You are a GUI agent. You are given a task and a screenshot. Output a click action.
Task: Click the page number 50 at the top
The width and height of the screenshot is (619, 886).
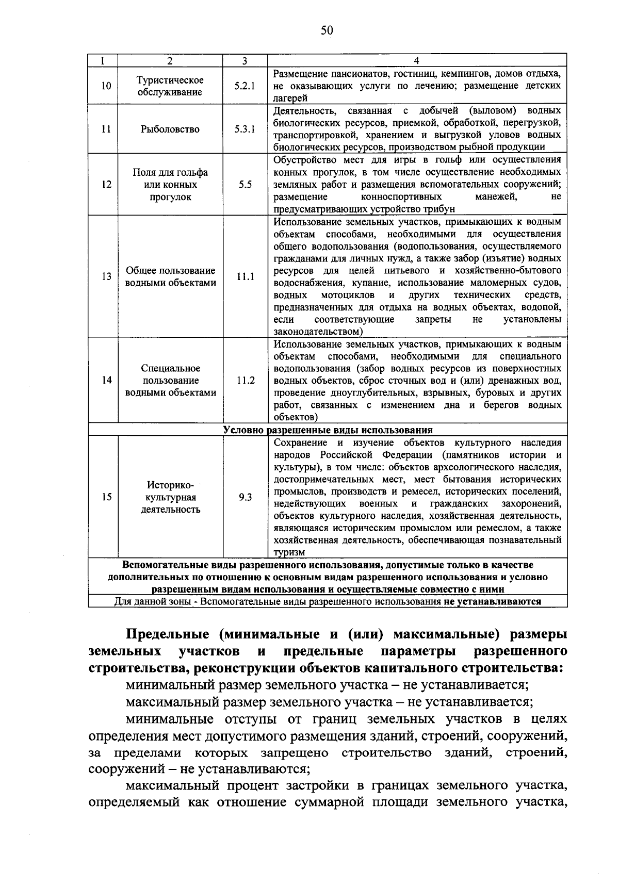pos(327,30)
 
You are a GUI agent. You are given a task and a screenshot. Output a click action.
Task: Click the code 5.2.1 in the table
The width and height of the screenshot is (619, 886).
pos(245,86)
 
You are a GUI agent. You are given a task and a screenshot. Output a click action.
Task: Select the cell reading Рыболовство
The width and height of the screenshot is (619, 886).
pos(170,129)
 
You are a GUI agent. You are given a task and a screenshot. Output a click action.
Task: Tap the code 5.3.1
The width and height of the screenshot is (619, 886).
pos(245,129)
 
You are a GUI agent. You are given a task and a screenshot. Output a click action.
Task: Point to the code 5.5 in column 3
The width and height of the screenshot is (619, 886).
pos(245,185)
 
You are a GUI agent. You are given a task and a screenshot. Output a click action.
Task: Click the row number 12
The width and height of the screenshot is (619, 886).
pos(106,185)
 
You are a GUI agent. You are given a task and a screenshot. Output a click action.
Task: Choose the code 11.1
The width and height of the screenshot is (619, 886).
pos(246,277)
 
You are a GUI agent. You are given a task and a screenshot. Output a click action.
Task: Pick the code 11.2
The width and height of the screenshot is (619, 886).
pos(246,381)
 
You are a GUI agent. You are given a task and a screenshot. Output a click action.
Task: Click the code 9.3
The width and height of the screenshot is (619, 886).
pos(246,498)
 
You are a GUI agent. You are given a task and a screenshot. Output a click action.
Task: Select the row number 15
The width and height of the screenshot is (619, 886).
pos(106,498)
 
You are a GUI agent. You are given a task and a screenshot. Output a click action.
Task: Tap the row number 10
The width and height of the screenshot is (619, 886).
pos(106,86)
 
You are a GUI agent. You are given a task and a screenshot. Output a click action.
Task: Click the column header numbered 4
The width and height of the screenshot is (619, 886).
pos(417,60)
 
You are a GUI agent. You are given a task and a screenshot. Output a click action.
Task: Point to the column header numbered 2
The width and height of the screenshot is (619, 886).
pos(170,60)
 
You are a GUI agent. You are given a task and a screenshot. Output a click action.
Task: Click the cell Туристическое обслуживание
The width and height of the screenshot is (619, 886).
pos(170,86)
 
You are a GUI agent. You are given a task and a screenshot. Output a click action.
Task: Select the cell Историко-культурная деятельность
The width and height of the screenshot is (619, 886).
pos(170,498)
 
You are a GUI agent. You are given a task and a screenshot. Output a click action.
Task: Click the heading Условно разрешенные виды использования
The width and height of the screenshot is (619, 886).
pos(328,430)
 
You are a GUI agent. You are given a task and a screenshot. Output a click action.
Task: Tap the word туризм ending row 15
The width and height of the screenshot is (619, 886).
pos(289,553)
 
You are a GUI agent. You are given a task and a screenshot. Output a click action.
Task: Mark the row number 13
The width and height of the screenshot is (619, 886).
pos(106,277)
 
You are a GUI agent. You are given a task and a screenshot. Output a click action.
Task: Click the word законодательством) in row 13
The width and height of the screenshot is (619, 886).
pos(318,332)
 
